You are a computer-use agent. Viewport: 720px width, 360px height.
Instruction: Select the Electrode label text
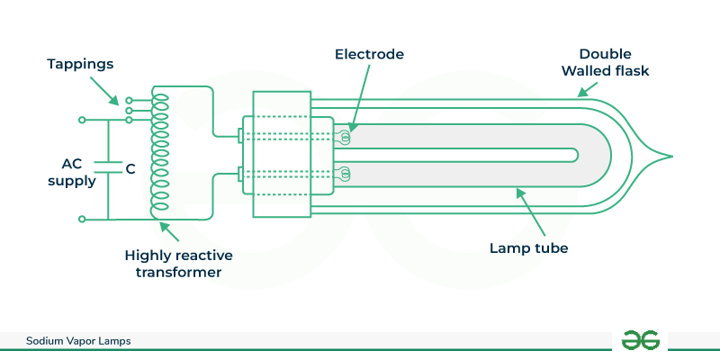tap(368, 54)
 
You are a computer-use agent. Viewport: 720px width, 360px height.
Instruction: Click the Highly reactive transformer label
tap(171, 263)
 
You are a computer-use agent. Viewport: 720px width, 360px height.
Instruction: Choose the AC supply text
tap(78, 173)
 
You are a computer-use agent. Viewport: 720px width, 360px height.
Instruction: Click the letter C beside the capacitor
tap(130, 168)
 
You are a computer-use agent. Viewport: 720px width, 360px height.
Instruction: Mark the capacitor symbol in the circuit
tap(107, 168)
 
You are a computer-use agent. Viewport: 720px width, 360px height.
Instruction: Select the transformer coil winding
tap(159, 153)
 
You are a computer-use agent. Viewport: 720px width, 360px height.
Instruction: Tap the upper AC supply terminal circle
tap(82, 119)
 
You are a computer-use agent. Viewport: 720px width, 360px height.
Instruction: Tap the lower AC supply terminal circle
tap(82, 219)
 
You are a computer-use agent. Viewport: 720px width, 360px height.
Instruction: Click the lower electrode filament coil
tap(344, 172)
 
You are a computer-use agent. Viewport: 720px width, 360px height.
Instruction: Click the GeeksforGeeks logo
tap(641, 340)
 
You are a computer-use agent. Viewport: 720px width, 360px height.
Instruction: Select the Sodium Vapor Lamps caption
tap(77, 342)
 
